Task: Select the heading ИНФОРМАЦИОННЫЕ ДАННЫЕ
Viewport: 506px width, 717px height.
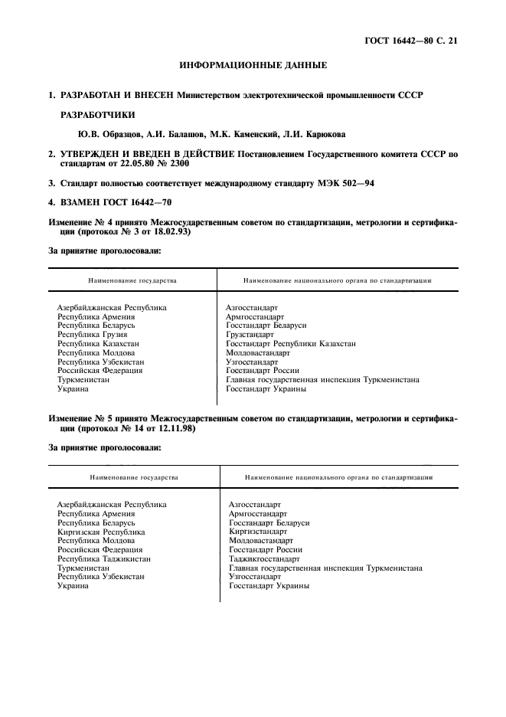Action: [x=253, y=66]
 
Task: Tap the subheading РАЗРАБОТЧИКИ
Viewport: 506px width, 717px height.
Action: [x=97, y=115]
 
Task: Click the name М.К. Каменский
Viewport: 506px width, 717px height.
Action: [x=233, y=134]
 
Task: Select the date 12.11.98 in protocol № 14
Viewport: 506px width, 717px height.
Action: [x=171, y=430]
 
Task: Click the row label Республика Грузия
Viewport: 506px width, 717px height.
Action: [x=93, y=335]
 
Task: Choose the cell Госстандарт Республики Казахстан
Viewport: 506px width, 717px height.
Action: [x=291, y=344]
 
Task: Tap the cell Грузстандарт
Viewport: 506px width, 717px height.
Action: [x=250, y=335]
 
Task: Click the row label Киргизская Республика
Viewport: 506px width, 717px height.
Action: [x=101, y=532]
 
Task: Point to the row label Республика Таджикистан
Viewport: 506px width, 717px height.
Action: [x=104, y=559]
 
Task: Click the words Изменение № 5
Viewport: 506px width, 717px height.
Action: [x=80, y=420]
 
